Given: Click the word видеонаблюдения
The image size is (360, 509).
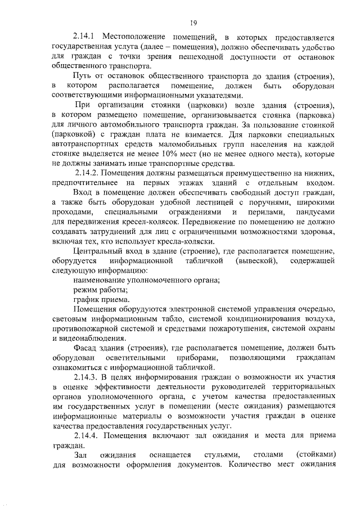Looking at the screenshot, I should click(94, 338).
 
